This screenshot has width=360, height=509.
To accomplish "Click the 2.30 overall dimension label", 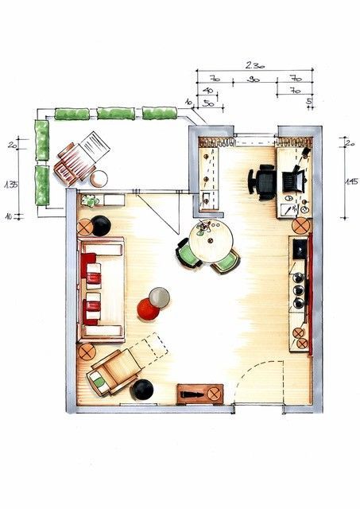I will [x=254, y=64].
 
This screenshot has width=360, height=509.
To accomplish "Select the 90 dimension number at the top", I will [x=254, y=80].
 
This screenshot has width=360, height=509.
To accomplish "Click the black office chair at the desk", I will [x=265, y=181].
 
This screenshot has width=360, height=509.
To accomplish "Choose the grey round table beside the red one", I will [x=160, y=296].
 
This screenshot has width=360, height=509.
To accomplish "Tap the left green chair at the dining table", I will [x=188, y=252].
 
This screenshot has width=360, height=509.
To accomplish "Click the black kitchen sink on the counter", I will [x=300, y=248].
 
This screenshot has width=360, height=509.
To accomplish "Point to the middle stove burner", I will [x=300, y=290].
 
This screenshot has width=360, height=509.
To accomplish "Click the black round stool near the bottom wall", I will [x=142, y=389].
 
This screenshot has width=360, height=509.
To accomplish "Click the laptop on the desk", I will [x=293, y=179].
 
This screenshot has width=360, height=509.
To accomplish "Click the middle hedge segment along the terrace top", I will [x=114, y=114].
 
